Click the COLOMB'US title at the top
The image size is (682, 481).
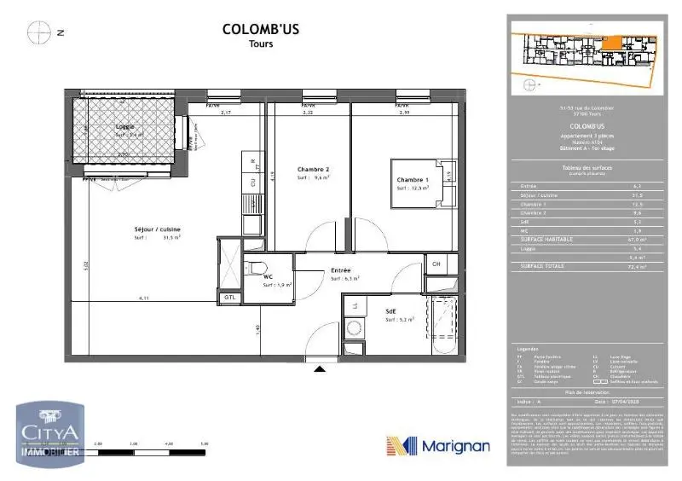[260, 29]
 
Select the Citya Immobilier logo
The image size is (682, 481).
[49, 435]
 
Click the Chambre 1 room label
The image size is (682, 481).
[411, 179]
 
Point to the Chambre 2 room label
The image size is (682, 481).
[313, 169]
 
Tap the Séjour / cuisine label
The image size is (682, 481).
[157, 229]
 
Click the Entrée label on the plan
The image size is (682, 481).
[342, 269]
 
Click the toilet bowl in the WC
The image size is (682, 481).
[257, 269]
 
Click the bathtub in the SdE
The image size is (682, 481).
[445, 327]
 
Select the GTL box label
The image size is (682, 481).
[229, 297]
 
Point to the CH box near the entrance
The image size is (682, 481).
[435, 264]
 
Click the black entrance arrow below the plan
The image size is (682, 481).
[320, 368]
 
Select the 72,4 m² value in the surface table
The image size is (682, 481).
[635, 267]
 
